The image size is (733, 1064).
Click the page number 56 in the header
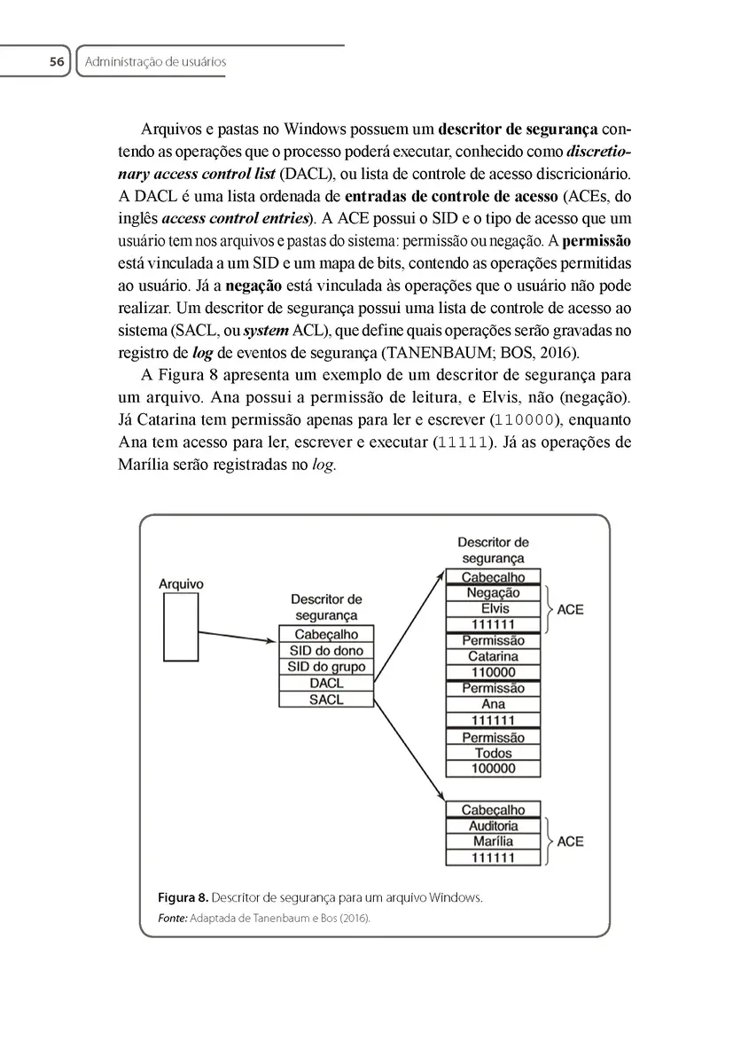(x=57, y=62)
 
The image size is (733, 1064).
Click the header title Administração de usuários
(x=156, y=62)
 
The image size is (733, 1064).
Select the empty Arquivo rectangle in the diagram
(x=181, y=628)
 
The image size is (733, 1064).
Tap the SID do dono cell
(x=326, y=651)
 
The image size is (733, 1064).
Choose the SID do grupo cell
(x=326, y=667)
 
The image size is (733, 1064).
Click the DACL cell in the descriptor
(x=326, y=684)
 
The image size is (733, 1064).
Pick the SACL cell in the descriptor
(x=326, y=700)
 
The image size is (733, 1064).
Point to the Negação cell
(x=493, y=593)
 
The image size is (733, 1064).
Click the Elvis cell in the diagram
(x=493, y=609)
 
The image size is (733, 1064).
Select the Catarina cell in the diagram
(x=493, y=657)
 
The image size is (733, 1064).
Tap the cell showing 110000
(x=493, y=673)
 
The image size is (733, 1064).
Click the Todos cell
(x=493, y=754)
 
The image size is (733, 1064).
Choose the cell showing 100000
(x=493, y=769)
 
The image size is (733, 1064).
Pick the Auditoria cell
(x=493, y=826)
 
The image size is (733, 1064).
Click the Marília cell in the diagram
(x=493, y=841)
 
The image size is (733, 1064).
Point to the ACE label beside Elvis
(x=571, y=610)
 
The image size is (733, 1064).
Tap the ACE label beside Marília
(x=571, y=841)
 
